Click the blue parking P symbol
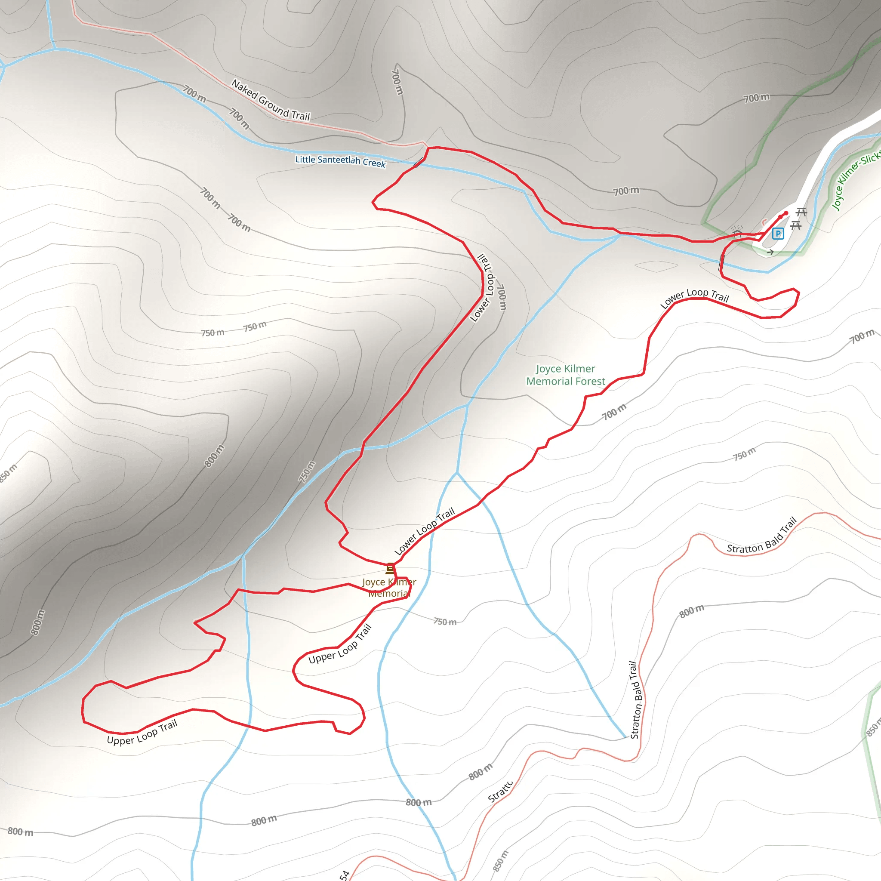pyautogui.click(x=778, y=234)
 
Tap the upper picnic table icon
pyautogui.click(x=801, y=212)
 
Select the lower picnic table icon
pyautogui.click(x=796, y=225)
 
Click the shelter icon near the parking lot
pyautogui.click(x=737, y=231)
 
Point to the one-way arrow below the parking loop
pyautogui.click(x=770, y=252)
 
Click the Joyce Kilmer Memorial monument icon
pyautogui.click(x=390, y=568)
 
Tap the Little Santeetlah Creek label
pyautogui.click(x=340, y=160)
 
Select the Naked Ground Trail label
pyautogui.click(x=271, y=100)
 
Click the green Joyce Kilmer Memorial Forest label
pyautogui.click(x=565, y=375)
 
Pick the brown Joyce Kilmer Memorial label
pyautogui.click(x=389, y=588)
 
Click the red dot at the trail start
pyautogui.click(x=786, y=213)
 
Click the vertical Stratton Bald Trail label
pyautogui.click(x=637, y=699)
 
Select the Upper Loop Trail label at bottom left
pyautogui.click(x=142, y=732)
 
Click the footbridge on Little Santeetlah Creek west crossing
pyautogui.click(x=419, y=163)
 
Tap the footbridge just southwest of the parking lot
pyautogui.click(x=721, y=263)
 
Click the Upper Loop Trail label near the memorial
pyautogui.click(x=340, y=644)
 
